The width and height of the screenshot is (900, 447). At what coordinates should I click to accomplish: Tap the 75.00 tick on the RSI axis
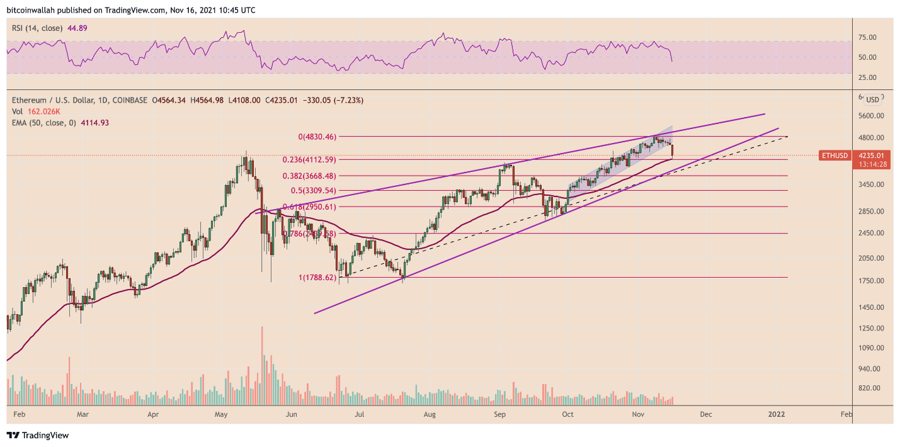867,38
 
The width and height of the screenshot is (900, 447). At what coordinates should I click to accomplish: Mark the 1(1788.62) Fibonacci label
318,277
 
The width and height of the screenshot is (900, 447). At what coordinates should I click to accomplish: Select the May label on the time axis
220,414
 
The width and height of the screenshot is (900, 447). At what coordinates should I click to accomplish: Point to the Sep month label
500,414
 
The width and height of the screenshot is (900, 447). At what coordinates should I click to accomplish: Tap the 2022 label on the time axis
775,414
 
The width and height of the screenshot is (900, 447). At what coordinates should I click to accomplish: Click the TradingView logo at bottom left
37,435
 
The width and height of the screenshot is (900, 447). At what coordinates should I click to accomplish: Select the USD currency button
872,99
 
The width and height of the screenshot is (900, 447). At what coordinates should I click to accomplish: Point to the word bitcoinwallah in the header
29,9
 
